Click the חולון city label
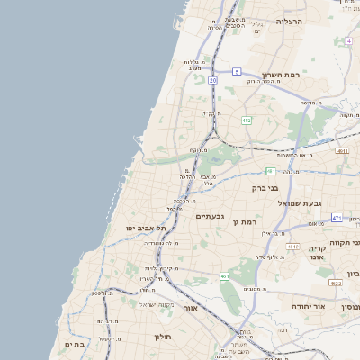[162, 337]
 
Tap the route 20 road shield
[212, 80]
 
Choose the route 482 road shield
[246, 120]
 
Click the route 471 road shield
[337, 218]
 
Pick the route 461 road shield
[224, 275]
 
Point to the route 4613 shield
[292, 246]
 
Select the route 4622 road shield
[336, 283]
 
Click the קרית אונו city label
[317, 253]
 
